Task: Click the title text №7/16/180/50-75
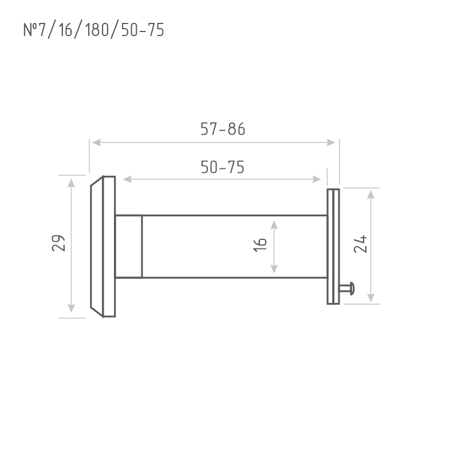[x=93, y=30]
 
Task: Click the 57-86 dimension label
[x=223, y=129]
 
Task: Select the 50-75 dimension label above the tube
[x=223, y=167]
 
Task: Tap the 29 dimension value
[x=58, y=243]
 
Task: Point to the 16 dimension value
[x=260, y=245]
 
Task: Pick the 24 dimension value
[x=360, y=244]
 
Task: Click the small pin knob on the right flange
[x=348, y=289]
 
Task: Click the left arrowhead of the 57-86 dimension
[x=96, y=143]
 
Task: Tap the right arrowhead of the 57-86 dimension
[x=331, y=143]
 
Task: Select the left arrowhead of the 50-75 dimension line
[x=127, y=179]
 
